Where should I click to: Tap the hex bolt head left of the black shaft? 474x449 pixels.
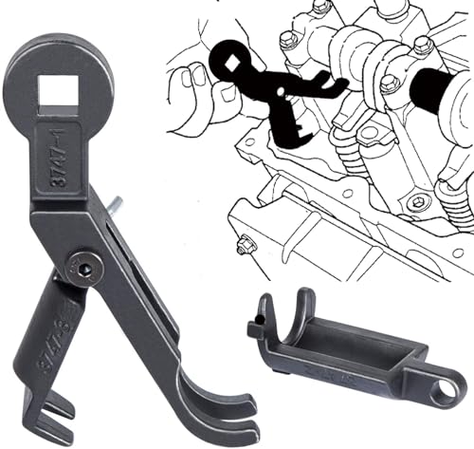[388, 83]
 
